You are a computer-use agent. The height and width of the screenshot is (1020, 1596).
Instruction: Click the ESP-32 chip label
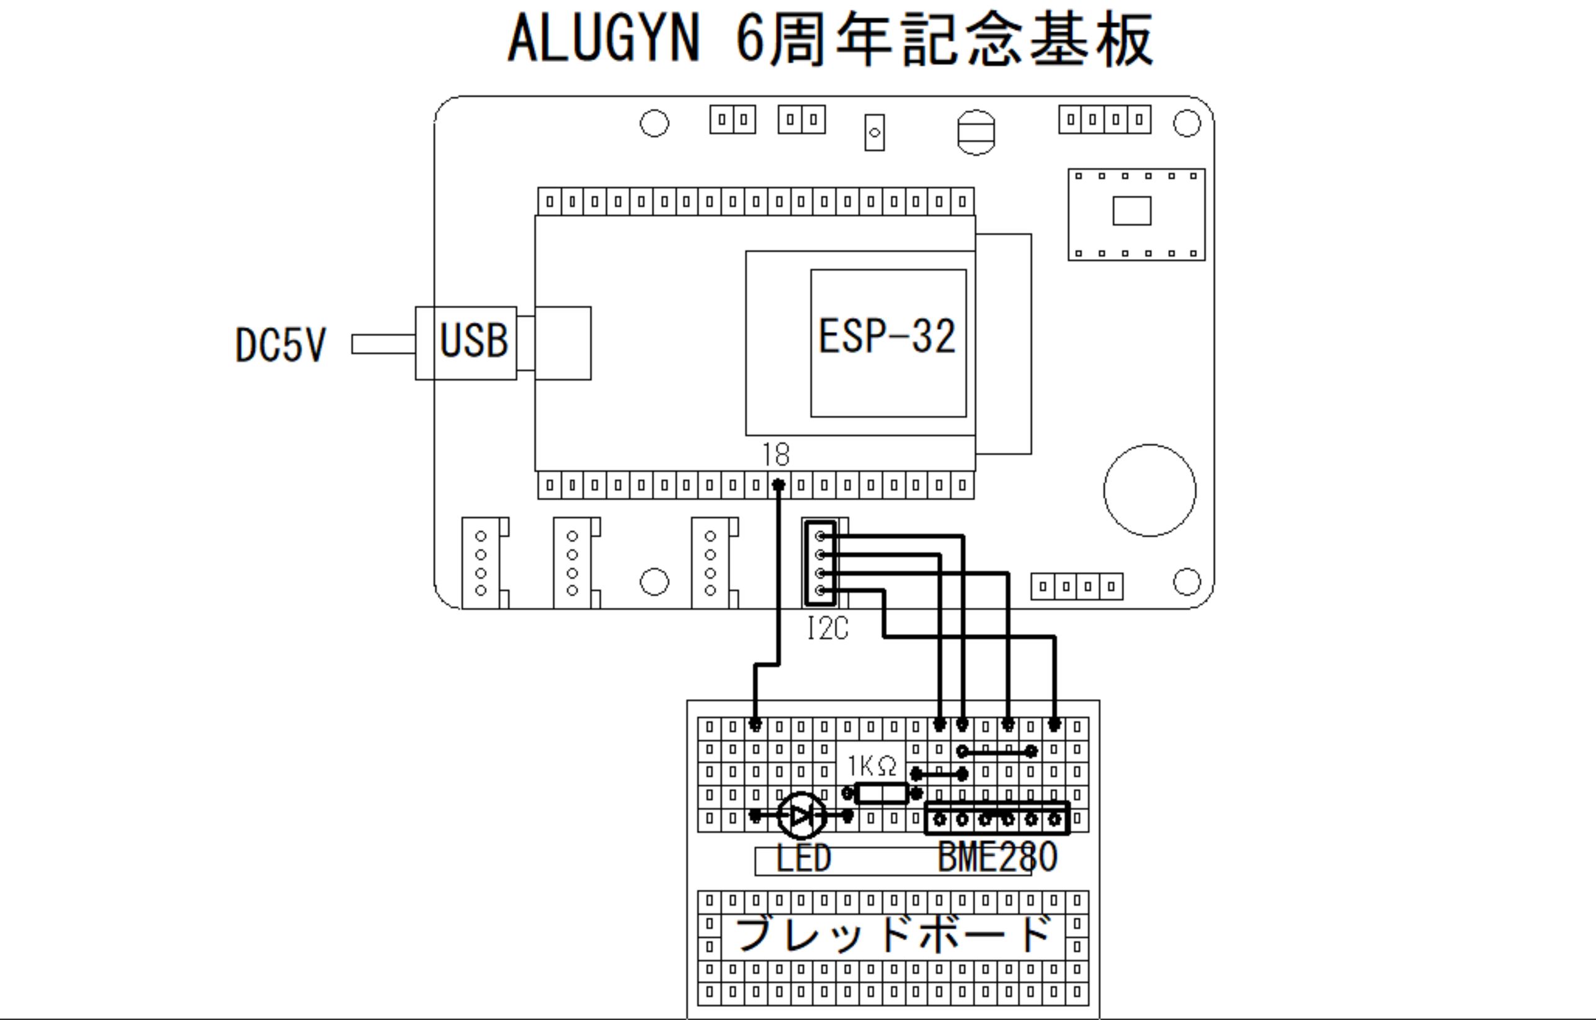(887, 336)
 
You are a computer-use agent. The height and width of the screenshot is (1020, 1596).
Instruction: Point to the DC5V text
(280, 345)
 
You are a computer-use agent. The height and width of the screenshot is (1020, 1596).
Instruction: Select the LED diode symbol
(801, 816)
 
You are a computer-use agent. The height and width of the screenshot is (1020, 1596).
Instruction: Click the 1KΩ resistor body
(881, 793)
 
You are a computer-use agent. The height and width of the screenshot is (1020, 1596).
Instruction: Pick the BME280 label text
(997, 858)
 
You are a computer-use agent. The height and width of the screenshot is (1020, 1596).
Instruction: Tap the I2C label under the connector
(827, 628)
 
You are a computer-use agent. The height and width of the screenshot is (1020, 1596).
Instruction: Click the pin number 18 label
(775, 454)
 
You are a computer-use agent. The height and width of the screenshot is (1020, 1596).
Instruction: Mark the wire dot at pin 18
(779, 485)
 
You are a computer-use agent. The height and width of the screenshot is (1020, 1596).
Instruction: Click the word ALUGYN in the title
(603, 40)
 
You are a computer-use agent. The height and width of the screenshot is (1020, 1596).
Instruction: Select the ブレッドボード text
(893, 934)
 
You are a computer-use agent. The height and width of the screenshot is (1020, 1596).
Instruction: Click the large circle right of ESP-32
(1149, 490)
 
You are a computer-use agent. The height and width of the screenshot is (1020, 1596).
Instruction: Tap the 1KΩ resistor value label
(872, 767)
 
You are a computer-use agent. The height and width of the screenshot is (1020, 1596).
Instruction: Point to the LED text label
(803, 859)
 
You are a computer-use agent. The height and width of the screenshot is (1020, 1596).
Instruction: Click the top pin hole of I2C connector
(820, 536)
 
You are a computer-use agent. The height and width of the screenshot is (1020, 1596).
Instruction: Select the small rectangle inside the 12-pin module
(1131, 211)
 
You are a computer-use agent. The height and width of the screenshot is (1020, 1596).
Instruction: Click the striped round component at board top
(976, 133)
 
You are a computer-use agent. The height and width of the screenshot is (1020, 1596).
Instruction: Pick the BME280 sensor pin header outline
(997, 819)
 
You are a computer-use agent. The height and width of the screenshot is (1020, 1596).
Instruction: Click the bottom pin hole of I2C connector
(820, 590)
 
